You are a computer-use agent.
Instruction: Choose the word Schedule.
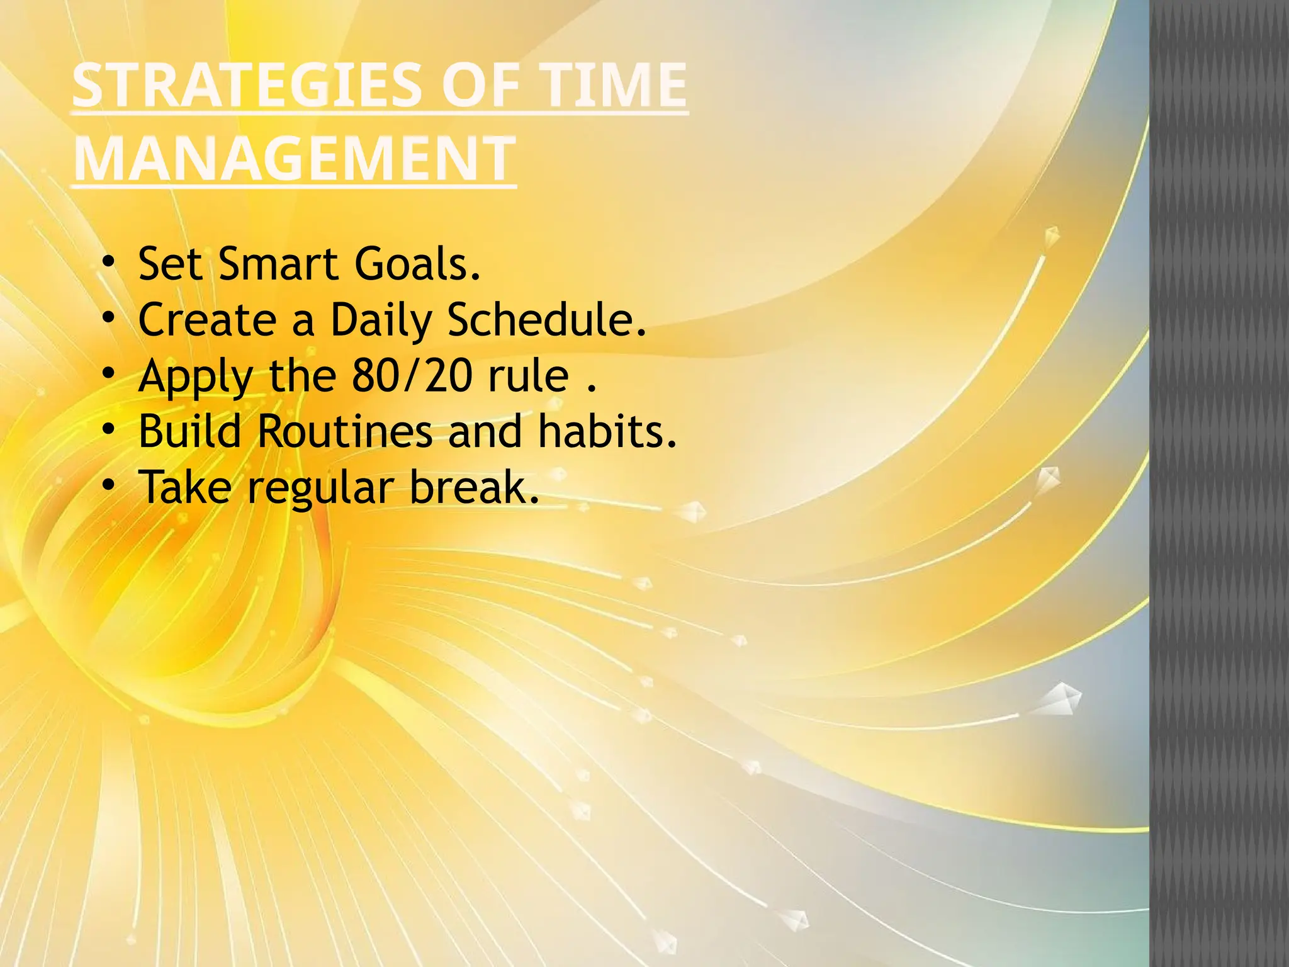pyautogui.click(x=546, y=320)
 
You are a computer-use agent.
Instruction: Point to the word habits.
pyautogui.click(x=607, y=432)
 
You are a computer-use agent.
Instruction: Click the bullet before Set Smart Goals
pyautogui.click(x=109, y=261)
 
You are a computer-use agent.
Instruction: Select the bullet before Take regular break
pyautogui.click(x=109, y=485)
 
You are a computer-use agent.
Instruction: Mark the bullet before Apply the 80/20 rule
pyautogui.click(x=109, y=373)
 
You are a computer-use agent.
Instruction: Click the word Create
pyautogui.click(x=207, y=320)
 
